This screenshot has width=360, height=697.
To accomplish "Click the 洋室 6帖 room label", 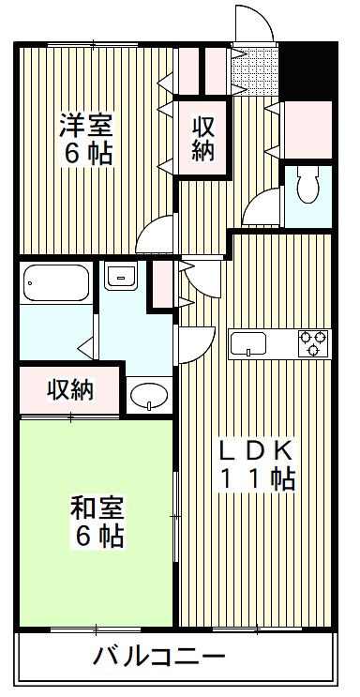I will point(88,138).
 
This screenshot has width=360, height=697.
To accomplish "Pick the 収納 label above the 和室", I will point(71,387).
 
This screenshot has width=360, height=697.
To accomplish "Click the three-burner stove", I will point(313,342).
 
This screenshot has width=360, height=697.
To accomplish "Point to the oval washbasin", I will point(148,397).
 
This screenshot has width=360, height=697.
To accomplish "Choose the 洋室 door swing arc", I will point(156,234).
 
